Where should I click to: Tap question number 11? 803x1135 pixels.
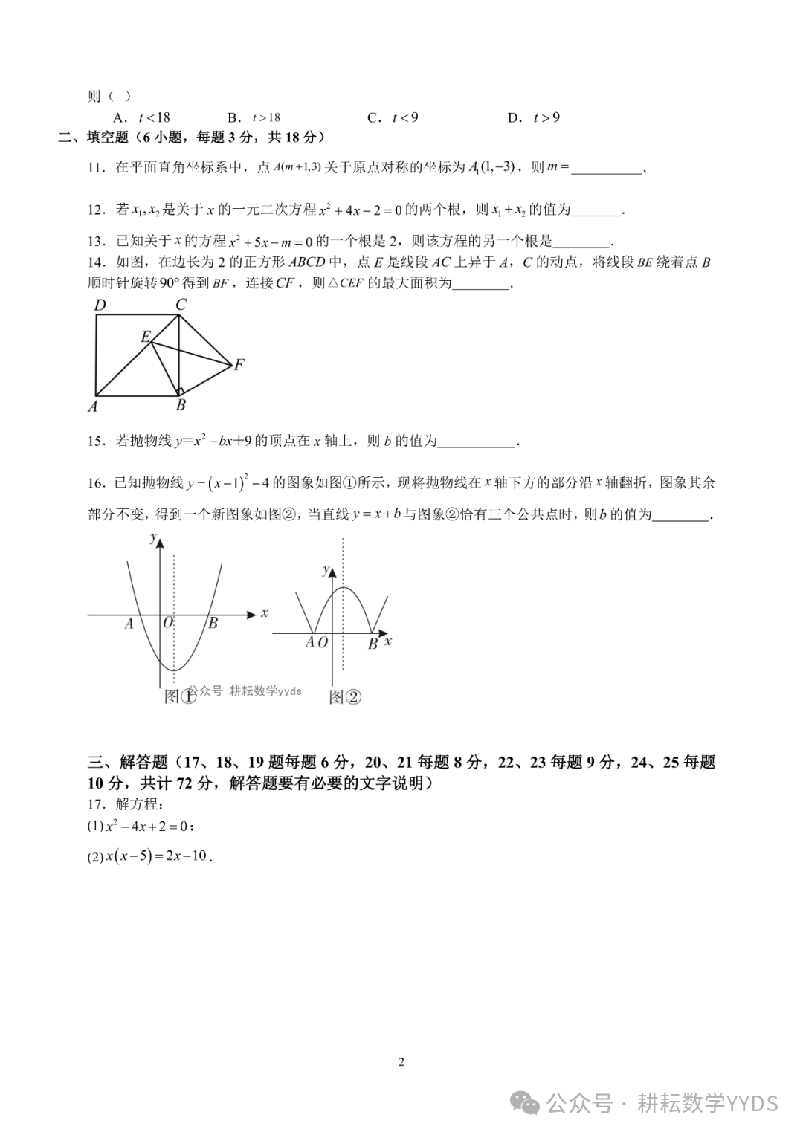tap(97, 168)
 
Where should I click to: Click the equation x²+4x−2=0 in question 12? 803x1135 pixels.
tap(360, 210)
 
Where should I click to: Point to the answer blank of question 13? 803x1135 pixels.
tap(581, 241)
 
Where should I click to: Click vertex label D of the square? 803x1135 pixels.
tap(100, 305)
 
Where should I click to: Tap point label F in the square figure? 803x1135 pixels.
tap(239, 364)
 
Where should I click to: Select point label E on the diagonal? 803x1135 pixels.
tap(146, 337)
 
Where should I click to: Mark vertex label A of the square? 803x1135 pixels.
tap(93, 406)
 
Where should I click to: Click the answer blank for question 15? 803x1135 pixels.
tap(477, 442)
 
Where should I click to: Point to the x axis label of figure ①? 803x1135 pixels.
tap(264, 613)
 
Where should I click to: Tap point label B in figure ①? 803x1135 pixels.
tap(213, 624)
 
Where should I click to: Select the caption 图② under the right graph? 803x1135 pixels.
tap(344, 696)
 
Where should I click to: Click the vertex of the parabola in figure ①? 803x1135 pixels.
tap(173, 670)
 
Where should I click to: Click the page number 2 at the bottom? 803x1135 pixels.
tap(401, 1061)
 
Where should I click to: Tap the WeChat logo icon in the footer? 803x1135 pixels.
tap(529, 1103)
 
